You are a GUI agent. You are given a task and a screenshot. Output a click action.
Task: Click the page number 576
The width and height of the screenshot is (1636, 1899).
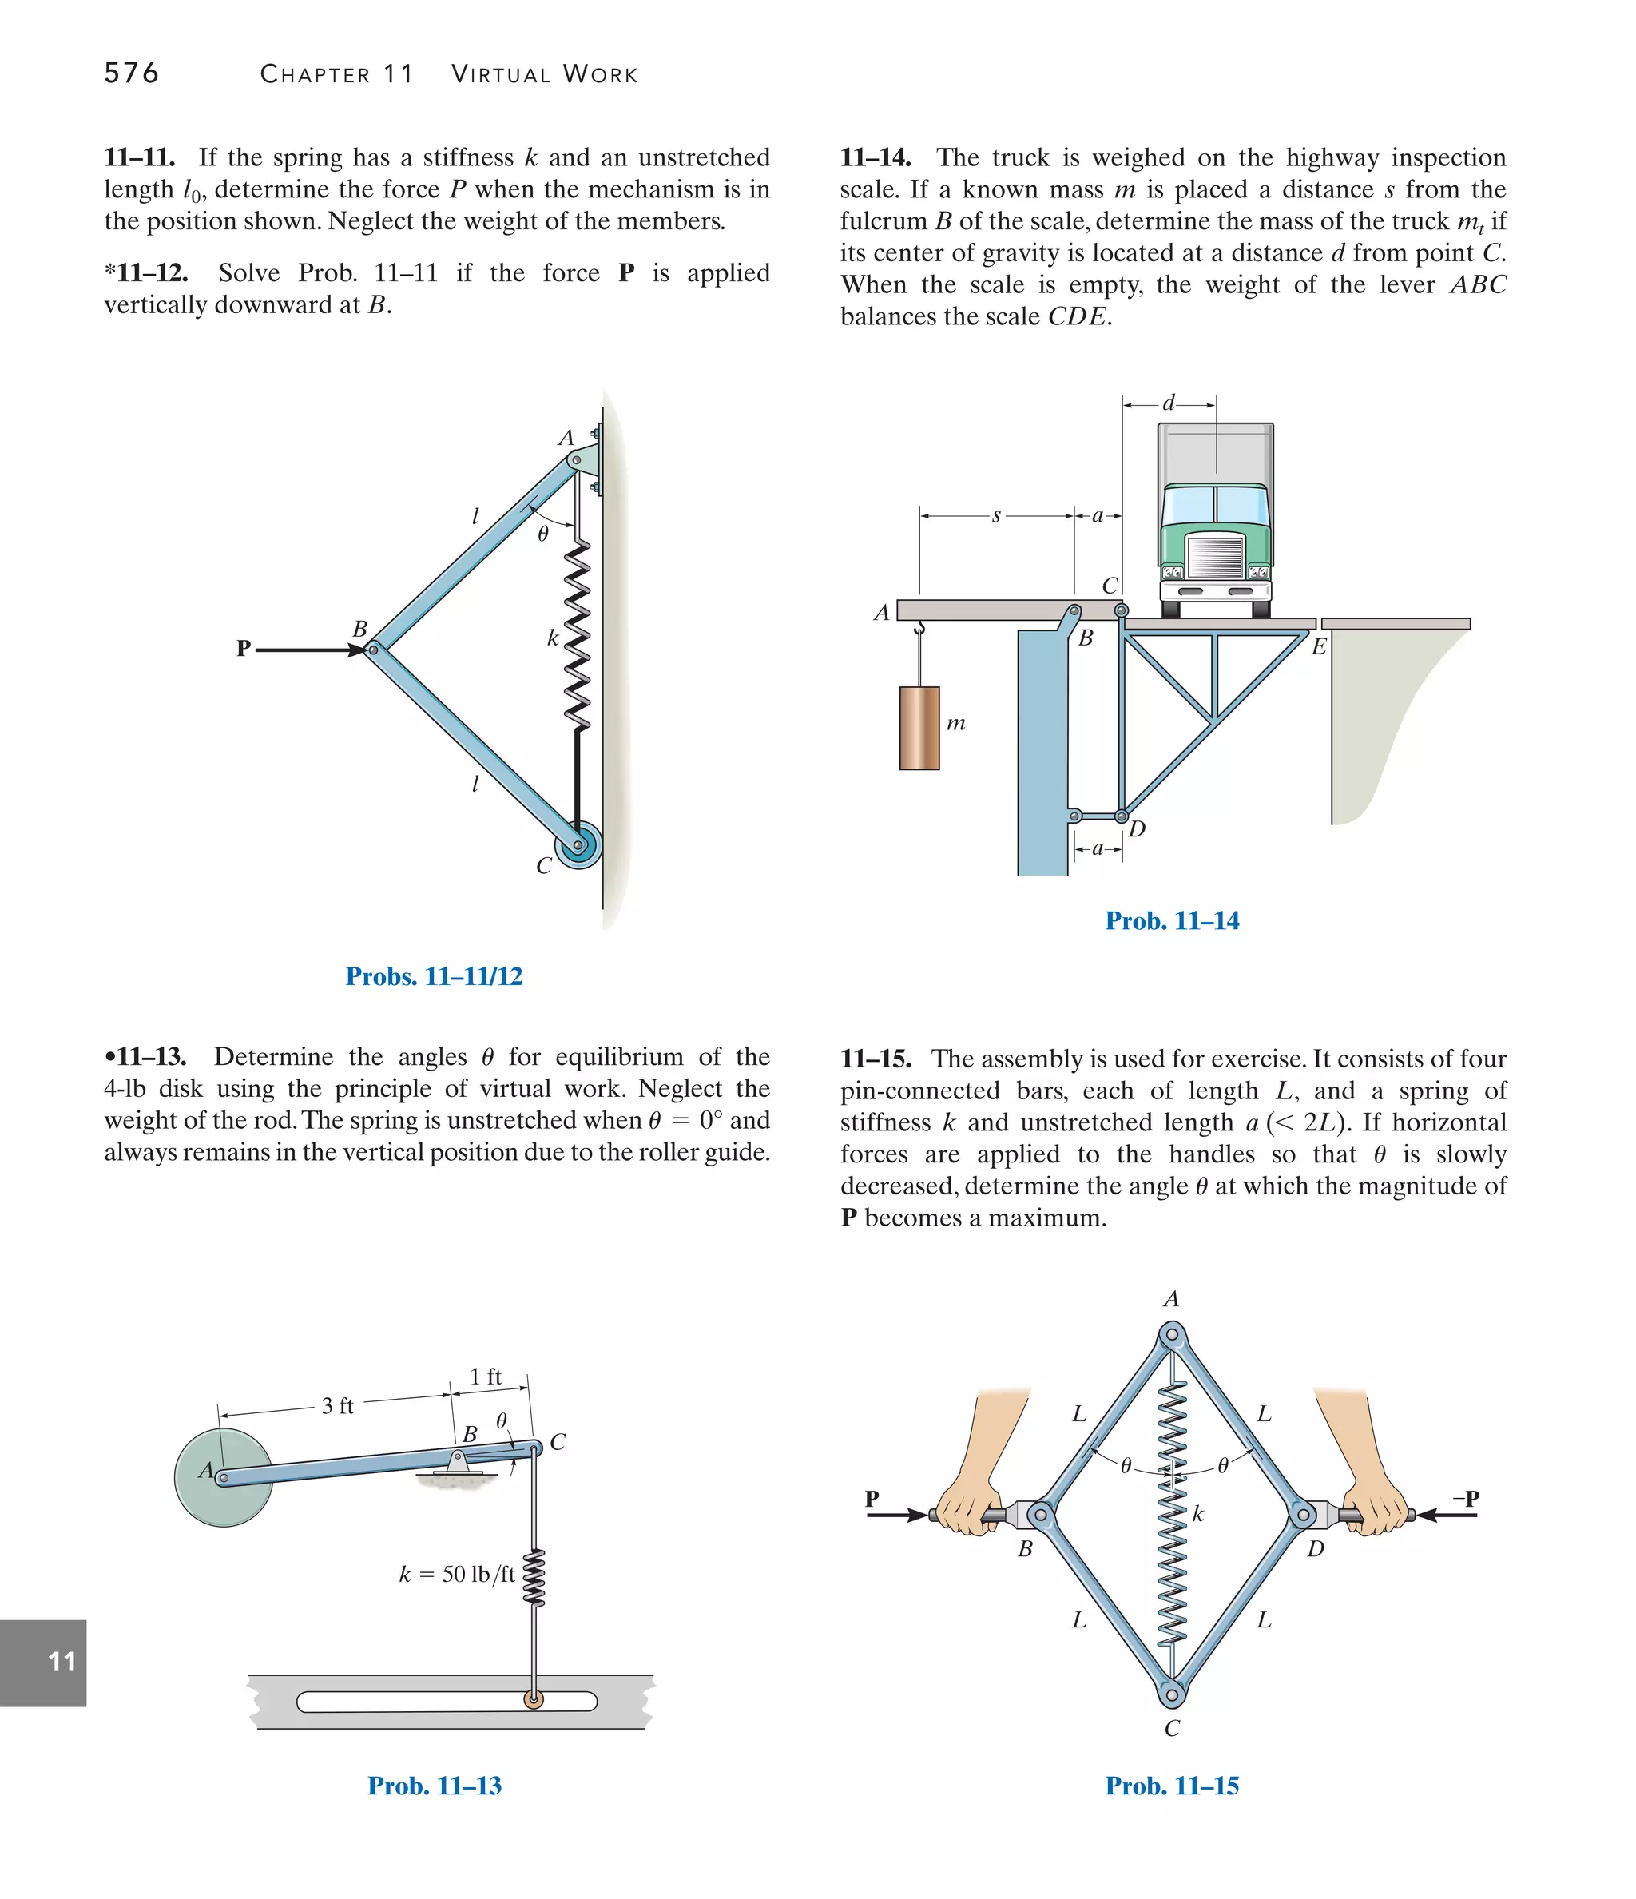click(131, 73)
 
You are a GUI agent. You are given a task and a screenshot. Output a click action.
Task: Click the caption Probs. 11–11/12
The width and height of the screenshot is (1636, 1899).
click(434, 976)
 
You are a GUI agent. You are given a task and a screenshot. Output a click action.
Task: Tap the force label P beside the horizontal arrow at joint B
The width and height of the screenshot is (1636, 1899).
click(243, 648)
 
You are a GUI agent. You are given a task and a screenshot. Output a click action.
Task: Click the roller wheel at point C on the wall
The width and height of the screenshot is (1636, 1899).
click(578, 845)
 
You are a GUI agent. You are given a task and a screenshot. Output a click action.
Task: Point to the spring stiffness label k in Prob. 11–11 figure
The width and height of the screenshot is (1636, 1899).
click(553, 638)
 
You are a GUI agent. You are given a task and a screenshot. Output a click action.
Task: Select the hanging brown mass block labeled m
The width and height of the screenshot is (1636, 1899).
click(919, 728)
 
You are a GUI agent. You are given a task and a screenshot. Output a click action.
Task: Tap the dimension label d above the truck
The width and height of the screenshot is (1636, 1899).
click(1169, 403)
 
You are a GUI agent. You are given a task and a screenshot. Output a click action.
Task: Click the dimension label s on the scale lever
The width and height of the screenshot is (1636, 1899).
click(996, 516)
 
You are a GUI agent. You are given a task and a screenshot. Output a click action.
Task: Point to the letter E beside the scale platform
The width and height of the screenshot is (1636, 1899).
click(1318, 647)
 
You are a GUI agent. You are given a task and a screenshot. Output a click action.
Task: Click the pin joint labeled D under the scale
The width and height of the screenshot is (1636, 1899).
click(1121, 816)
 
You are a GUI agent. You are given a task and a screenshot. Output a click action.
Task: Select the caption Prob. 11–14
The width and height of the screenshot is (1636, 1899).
click(1171, 920)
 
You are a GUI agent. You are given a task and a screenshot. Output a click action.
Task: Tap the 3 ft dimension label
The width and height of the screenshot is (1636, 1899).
click(337, 1406)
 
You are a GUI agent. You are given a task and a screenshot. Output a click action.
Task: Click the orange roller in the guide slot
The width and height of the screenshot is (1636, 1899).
click(533, 1700)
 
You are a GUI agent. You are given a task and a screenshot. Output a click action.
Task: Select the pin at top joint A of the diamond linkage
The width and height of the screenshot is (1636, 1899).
click(1171, 1334)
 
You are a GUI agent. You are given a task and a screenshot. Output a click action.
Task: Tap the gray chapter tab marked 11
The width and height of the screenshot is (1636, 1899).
click(43, 1663)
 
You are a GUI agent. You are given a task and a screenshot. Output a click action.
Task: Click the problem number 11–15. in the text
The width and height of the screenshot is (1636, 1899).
click(876, 1059)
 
